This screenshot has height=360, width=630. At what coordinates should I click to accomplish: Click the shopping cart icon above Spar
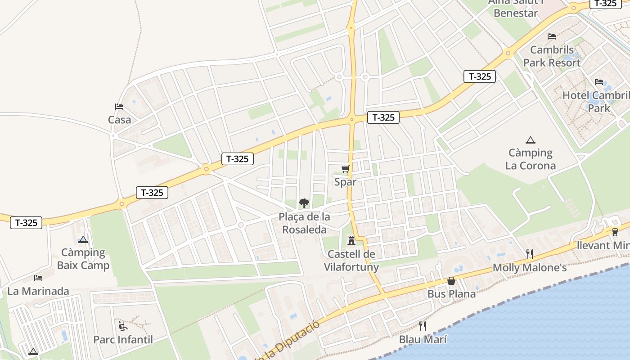click(x=345, y=169)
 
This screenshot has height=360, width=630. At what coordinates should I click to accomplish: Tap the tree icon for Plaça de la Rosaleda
click(x=304, y=203)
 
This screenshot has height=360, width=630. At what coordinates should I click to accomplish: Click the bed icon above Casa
click(x=119, y=107)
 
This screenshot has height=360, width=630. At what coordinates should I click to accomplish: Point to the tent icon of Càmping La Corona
click(x=531, y=140)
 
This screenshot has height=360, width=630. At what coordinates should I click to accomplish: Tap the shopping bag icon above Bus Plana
click(x=451, y=281)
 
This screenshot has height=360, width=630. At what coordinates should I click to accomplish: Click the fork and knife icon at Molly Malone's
click(x=530, y=254)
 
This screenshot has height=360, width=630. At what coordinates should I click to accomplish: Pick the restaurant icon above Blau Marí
click(x=423, y=326)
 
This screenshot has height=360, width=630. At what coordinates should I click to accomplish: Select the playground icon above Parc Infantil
click(x=123, y=326)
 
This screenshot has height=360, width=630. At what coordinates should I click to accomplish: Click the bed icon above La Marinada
click(x=38, y=278)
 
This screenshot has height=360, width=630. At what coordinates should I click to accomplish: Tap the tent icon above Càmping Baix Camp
click(x=83, y=239)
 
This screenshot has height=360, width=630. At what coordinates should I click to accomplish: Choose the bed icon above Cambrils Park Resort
click(x=552, y=36)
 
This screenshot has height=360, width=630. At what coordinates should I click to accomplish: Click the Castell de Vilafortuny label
click(x=351, y=261)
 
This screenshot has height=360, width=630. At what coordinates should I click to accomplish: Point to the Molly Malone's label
click(x=530, y=268)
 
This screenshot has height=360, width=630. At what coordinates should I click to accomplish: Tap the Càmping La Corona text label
click(x=531, y=159)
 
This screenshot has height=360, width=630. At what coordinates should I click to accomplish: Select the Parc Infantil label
click(x=123, y=340)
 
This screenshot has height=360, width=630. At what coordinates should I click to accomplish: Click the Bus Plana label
click(x=451, y=294)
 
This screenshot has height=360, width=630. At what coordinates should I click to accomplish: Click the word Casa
click(x=119, y=120)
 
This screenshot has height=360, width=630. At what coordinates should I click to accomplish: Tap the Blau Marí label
click(x=423, y=340)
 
